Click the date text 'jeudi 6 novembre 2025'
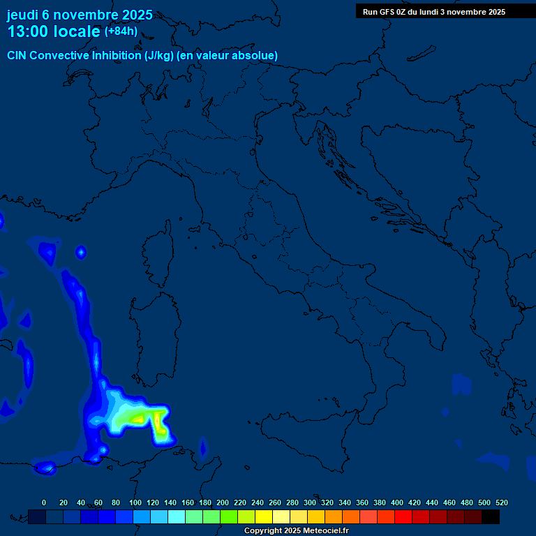pos(80,15)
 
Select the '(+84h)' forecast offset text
pos(121,31)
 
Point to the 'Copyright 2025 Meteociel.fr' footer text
pos(296,531)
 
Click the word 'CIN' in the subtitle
pos(17,55)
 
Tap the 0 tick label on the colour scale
pos(44,502)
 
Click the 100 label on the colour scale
pos(135,502)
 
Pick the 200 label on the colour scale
pos(223,502)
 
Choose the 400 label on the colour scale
pos(397,502)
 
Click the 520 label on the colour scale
pos(501,502)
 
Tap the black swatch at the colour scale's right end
pos(491,516)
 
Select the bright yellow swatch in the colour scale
pos(264,516)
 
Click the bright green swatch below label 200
pos(229,516)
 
